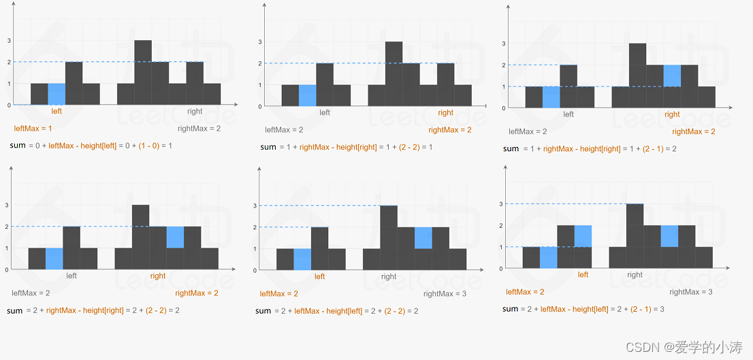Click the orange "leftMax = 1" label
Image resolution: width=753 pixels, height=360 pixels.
32,128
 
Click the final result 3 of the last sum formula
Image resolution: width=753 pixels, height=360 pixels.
662,309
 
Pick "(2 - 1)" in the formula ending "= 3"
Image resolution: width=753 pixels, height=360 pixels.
643,309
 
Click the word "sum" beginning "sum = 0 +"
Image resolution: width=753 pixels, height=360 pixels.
17,145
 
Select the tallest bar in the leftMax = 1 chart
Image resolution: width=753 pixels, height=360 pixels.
143,72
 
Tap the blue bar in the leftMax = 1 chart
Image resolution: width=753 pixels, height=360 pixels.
57,94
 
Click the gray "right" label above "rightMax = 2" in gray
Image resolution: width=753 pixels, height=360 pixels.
195,111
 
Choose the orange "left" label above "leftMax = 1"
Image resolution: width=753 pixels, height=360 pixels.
57,111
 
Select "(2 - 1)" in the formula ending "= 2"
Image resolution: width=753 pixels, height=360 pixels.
655,149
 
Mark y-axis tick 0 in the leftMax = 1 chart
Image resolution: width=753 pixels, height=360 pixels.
9,105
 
